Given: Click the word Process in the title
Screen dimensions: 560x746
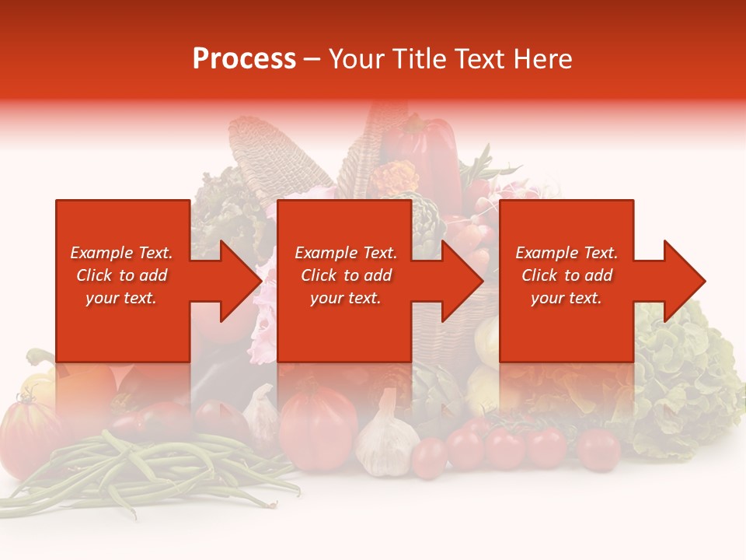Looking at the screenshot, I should click(244, 59).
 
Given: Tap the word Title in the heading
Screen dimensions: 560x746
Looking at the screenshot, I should click(417, 59).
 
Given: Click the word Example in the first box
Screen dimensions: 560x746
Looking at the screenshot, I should click(99, 253).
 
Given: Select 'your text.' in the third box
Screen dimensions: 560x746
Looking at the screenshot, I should click(566, 298).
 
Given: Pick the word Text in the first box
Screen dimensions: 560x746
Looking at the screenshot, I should click(154, 253).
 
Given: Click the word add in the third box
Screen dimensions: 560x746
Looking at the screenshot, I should click(598, 275).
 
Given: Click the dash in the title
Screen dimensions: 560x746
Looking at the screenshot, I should click(312, 59).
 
